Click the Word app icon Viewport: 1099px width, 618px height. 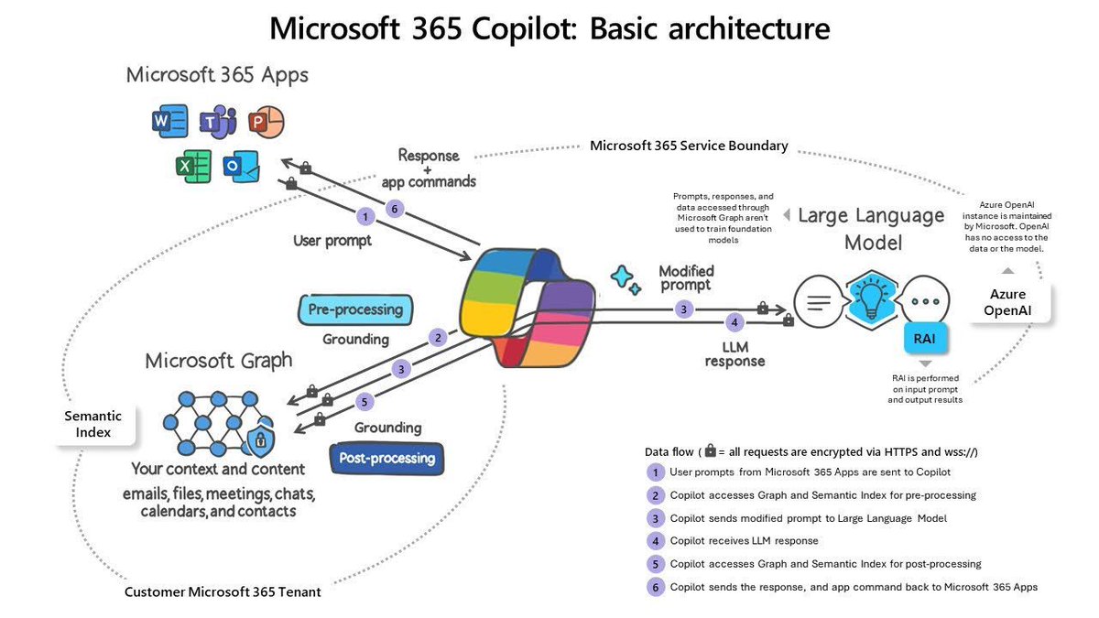169,122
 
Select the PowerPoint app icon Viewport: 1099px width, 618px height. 266,122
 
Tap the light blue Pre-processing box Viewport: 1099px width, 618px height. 355,309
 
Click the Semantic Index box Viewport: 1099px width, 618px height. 92,423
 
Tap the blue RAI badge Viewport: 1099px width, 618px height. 924,339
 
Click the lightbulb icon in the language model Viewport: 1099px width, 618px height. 864,298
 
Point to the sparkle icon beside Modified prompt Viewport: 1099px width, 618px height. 626,279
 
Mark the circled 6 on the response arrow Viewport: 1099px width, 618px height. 395,209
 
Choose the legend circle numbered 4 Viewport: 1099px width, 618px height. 655,541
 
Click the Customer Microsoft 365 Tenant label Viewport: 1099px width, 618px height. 223,591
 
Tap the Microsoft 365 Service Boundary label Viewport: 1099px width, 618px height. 689,146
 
